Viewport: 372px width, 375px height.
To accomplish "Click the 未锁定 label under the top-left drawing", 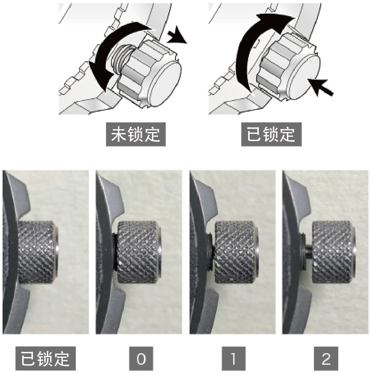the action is (x=136, y=134).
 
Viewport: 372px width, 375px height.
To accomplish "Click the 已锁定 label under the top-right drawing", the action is (x=271, y=134).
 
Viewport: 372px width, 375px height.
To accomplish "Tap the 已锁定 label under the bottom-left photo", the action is (x=46, y=358).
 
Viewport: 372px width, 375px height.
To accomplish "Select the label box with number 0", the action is (x=141, y=358).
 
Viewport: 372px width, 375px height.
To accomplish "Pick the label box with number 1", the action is (x=234, y=358).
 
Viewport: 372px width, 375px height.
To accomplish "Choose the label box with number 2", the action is (x=326, y=358).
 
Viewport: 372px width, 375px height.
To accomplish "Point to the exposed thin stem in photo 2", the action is (x=309, y=252).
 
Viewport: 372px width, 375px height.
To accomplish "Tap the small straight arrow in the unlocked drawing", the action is (x=177, y=35).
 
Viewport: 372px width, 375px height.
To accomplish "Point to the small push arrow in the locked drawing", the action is (x=320, y=86).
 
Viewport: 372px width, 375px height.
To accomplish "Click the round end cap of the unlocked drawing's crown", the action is (x=165, y=84).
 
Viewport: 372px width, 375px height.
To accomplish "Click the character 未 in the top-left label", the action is (x=119, y=134).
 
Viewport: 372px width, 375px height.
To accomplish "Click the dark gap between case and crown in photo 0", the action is (x=115, y=252).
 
